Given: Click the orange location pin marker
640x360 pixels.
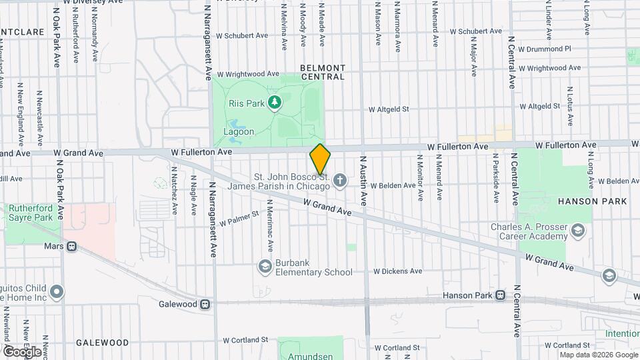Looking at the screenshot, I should [x=320, y=159].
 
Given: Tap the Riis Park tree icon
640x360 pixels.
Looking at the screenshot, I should [x=273, y=102].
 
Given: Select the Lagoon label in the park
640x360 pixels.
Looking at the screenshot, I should [x=239, y=131].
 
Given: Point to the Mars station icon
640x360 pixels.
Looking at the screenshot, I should [x=71, y=246].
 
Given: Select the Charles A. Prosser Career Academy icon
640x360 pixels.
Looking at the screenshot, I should [x=577, y=231].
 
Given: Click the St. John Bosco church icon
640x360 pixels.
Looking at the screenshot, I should [x=340, y=179].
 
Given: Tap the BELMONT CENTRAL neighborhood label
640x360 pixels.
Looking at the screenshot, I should [x=323, y=72].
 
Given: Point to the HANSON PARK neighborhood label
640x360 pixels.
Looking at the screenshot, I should [x=593, y=201].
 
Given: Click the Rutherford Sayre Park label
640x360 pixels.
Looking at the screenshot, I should [x=30, y=213].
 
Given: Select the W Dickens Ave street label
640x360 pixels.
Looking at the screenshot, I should [x=398, y=271].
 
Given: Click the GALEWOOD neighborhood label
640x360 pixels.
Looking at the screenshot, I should [x=102, y=343].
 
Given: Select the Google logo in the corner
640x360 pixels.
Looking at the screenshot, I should [x=21, y=351].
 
